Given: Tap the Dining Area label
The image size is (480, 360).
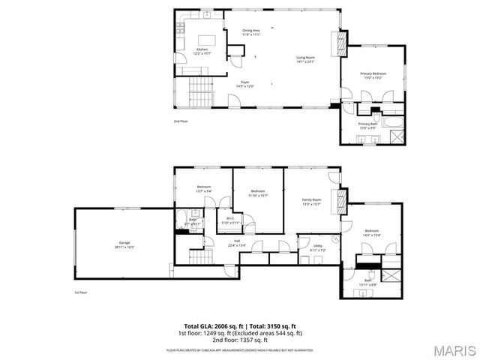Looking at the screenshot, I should click(250, 32).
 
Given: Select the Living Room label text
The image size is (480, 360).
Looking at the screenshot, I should click(304, 60).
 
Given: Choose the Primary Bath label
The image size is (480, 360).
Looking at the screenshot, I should click(367, 125).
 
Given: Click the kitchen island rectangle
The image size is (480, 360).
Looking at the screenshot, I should click(205, 39).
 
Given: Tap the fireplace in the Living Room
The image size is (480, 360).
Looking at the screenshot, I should click(343, 43).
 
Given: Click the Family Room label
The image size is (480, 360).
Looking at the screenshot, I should click(311, 201).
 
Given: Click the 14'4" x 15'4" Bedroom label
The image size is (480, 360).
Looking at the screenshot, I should click(372, 232).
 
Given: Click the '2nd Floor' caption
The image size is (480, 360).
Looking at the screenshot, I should click(181, 121).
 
